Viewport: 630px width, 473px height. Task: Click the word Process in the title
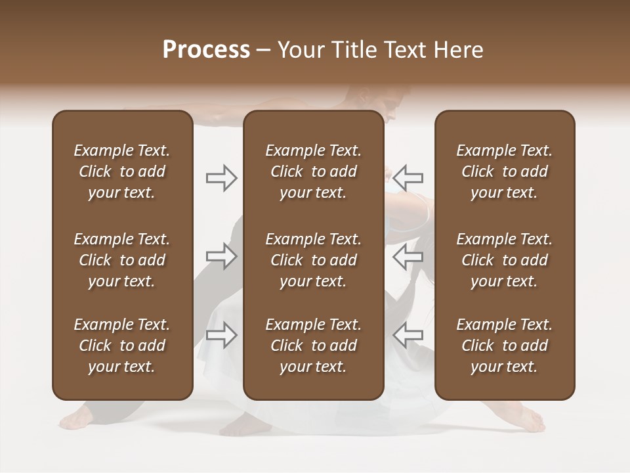(206, 50)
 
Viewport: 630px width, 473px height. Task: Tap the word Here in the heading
(457, 50)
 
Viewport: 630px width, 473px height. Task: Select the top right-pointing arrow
(221, 177)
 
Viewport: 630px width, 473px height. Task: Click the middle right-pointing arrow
(221, 256)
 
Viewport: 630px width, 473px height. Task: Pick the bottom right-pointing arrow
(221, 335)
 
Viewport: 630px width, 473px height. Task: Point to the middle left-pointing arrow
(408, 256)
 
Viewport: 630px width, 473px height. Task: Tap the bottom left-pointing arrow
(408, 335)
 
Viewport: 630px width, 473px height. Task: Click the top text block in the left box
(122, 171)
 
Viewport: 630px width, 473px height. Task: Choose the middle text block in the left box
(122, 260)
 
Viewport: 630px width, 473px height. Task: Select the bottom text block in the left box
(122, 346)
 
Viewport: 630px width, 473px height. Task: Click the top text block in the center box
(314, 171)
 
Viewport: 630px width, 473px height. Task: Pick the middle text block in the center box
(314, 260)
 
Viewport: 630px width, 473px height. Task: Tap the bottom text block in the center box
(314, 346)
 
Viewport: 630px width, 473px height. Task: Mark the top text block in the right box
(505, 171)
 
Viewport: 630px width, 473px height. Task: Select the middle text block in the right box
(505, 260)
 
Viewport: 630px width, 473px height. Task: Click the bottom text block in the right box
(505, 346)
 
